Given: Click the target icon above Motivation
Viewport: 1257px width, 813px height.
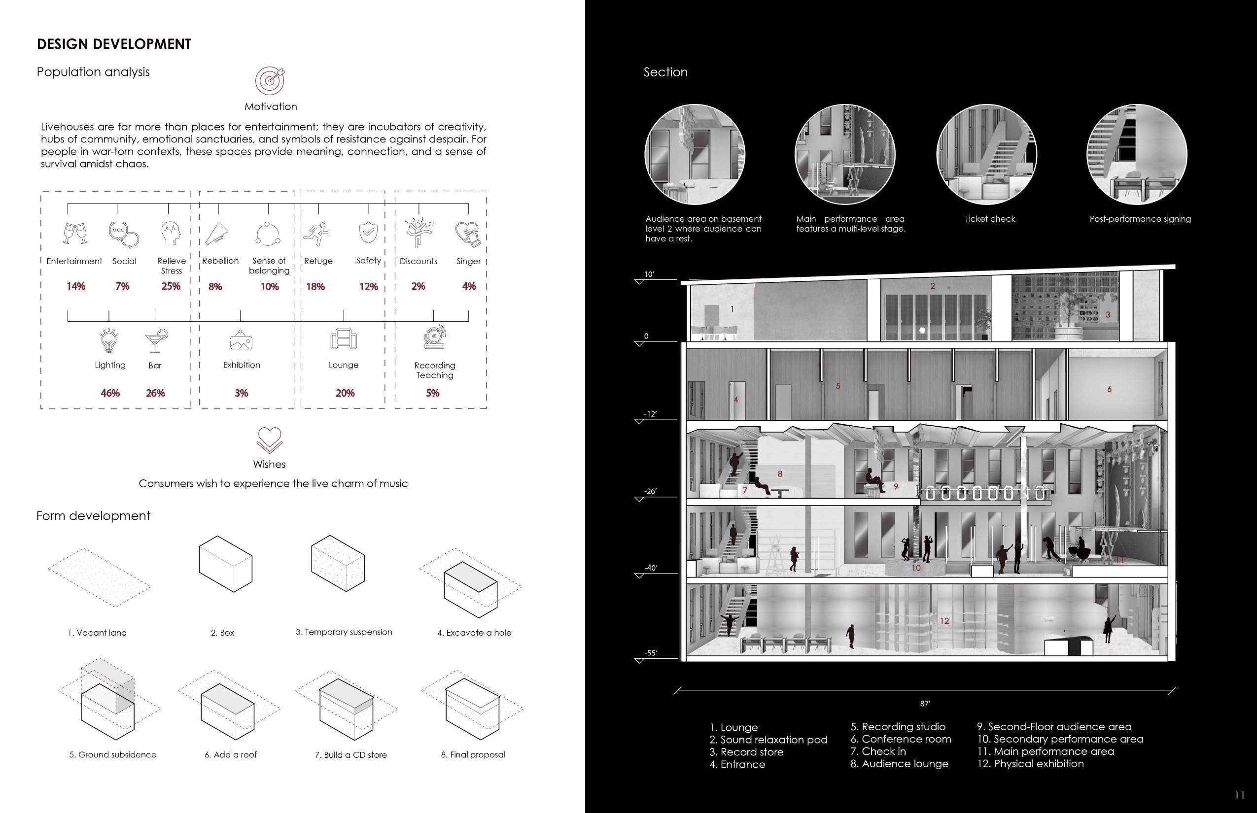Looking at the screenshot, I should click(271, 81).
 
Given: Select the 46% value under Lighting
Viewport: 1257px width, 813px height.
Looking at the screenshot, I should click(110, 393).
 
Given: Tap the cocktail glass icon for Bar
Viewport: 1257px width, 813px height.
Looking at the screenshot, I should click(156, 340).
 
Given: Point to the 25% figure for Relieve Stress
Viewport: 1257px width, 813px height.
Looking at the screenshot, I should click(171, 286).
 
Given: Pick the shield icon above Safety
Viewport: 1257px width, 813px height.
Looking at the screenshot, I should click(368, 232).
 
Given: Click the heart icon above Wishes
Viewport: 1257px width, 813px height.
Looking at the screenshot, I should click(269, 440).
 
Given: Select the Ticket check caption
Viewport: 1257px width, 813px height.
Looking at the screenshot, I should click(990, 219).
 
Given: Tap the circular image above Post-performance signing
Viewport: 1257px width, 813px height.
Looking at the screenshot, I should click(1137, 154).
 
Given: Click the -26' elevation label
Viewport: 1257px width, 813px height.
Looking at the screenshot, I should click(650, 491).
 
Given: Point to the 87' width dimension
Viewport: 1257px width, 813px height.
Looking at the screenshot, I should click(925, 704).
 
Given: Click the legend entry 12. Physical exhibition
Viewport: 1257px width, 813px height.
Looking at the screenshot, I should click(1030, 763).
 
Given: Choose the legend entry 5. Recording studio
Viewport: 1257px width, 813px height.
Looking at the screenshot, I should click(898, 726).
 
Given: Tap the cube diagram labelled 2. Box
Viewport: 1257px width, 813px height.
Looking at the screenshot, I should click(226, 564).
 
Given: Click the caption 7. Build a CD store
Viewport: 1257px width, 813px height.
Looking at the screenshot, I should click(350, 755).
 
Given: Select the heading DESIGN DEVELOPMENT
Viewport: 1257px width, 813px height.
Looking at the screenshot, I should click(114, 44).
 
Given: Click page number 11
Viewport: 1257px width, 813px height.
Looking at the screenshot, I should click(1239, 795).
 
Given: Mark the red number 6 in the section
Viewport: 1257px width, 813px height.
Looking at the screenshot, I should click(1109, 389).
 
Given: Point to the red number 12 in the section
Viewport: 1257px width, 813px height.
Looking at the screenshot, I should click(944, 621).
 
